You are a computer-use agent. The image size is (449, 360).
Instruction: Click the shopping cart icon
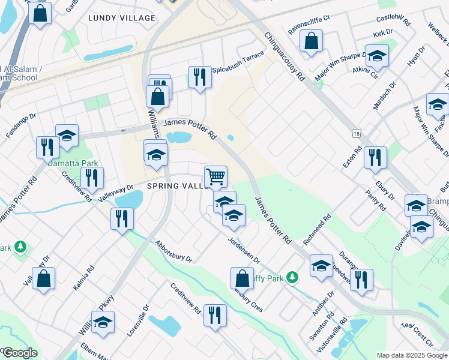coord(215,177)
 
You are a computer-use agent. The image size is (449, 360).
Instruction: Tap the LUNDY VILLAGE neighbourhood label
coord(122,18)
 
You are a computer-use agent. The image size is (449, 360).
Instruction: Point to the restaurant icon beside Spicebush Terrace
coord(200,77)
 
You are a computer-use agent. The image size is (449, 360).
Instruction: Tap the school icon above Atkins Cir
coord(377,56)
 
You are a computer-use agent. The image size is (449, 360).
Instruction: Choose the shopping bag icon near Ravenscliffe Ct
coord(312,41)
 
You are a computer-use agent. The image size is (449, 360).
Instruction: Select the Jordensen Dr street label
coord(244,251)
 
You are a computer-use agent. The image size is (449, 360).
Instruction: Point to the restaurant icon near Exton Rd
coord(375,158)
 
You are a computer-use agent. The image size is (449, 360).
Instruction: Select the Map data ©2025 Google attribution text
coord(412,355)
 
